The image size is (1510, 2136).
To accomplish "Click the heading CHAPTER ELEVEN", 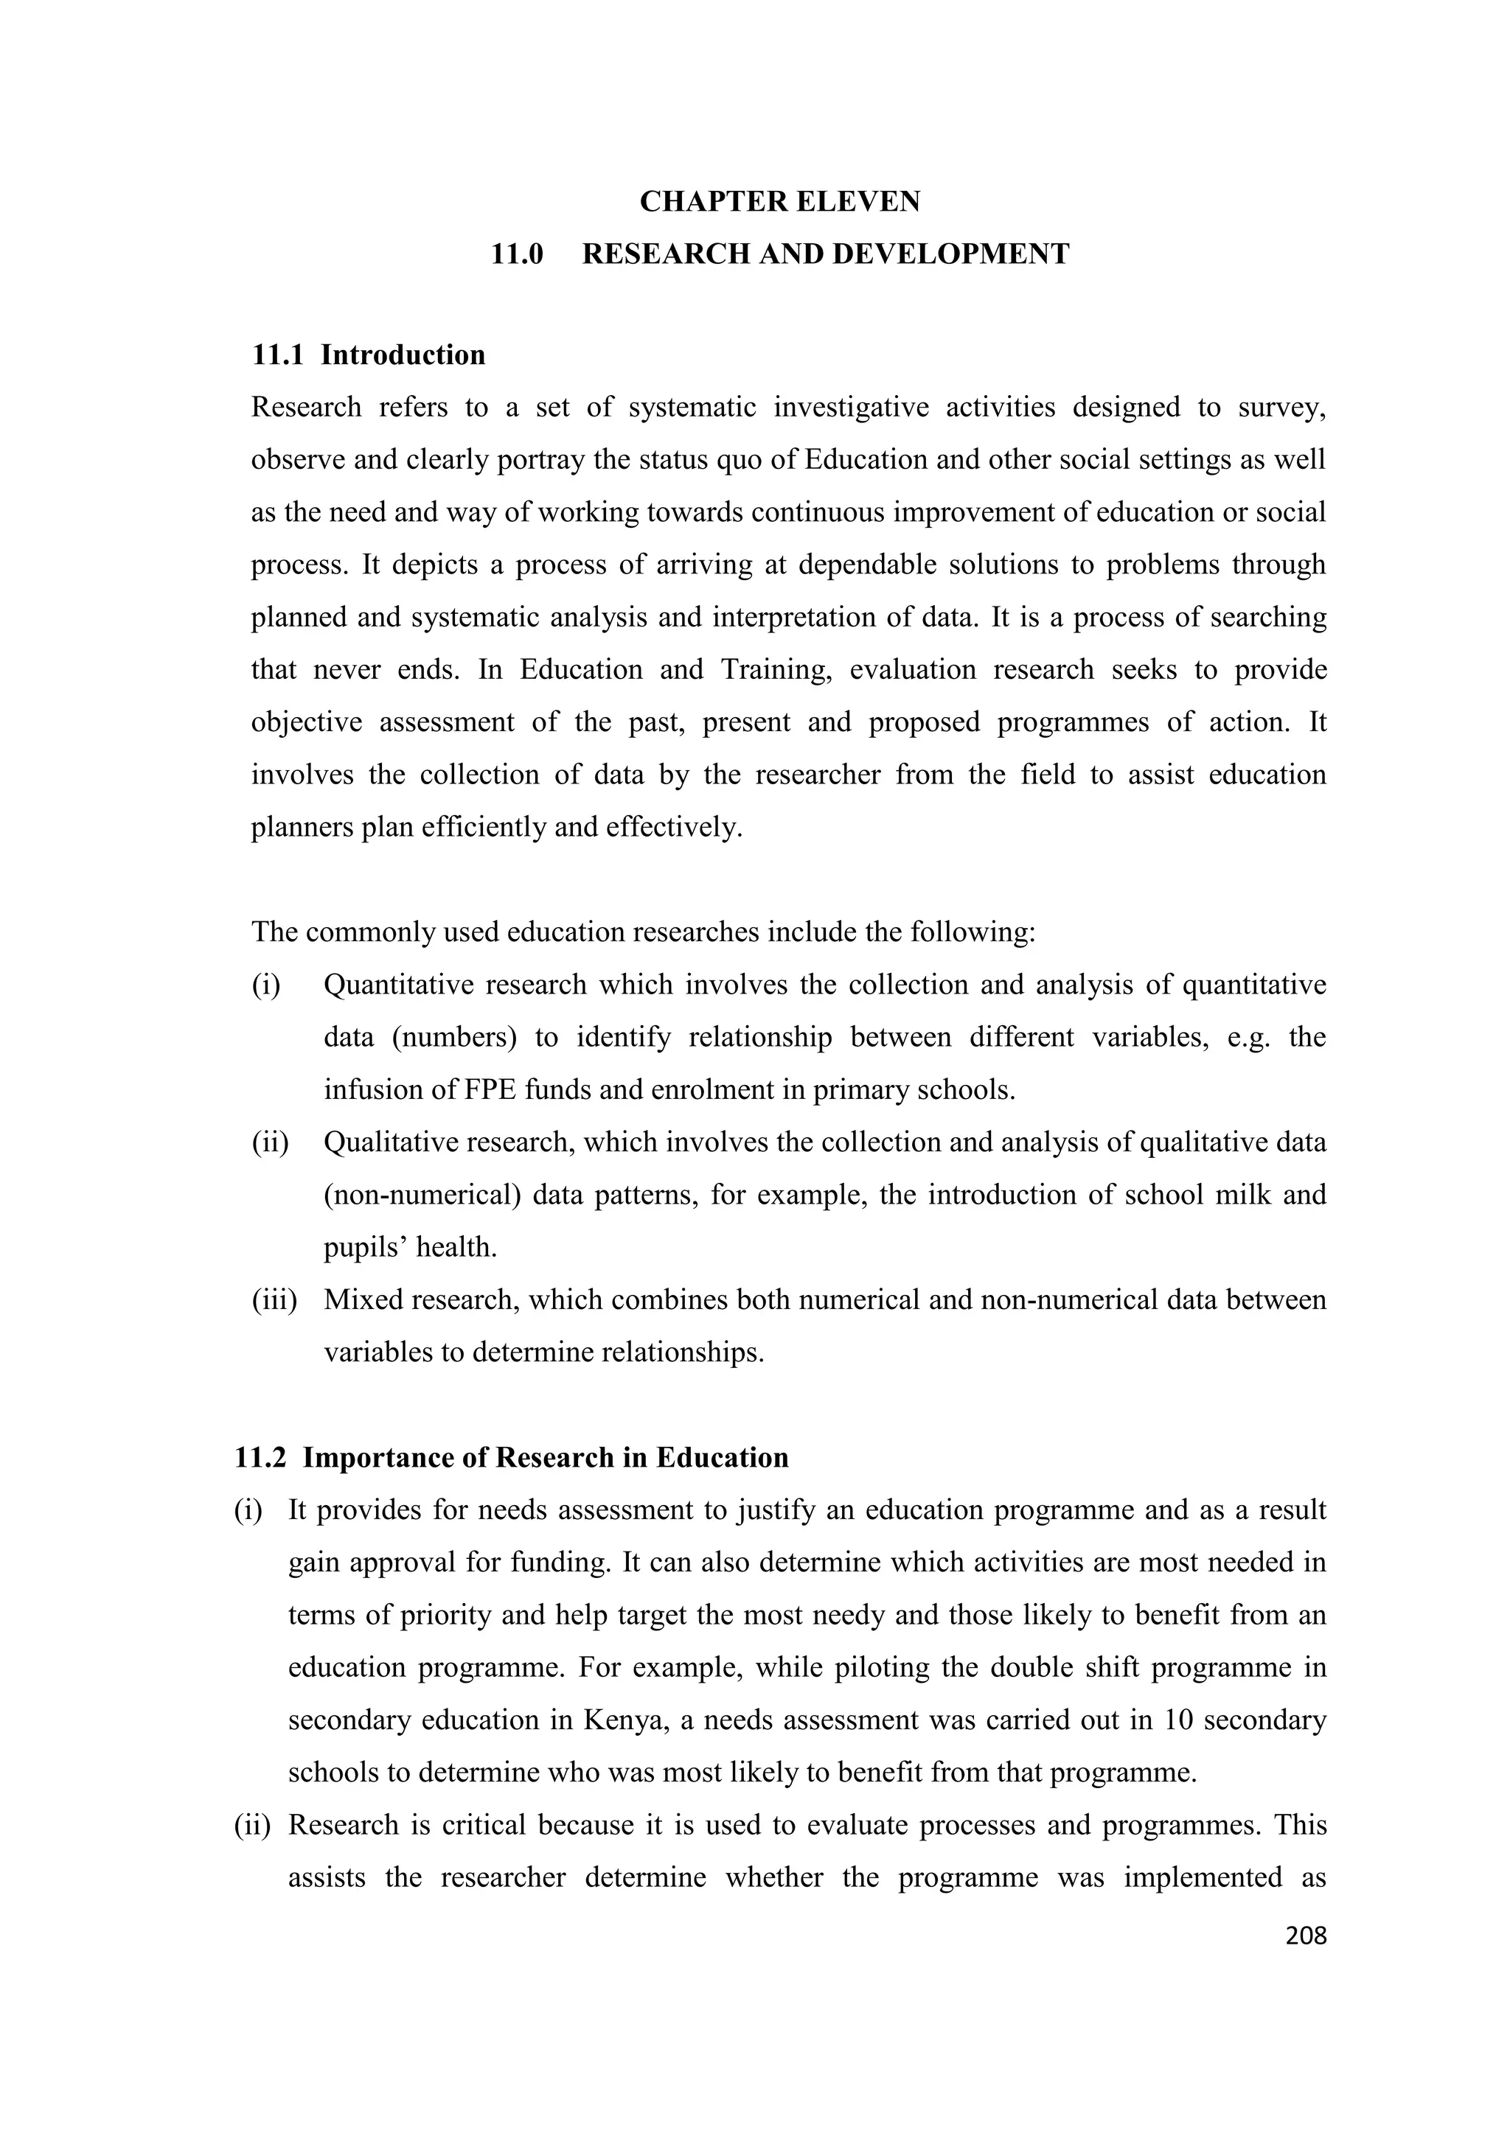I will click(x=779, y=202).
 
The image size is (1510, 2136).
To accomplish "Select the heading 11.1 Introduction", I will click(x=369, y=355).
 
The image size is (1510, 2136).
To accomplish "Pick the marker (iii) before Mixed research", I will click(x=274, y=1299).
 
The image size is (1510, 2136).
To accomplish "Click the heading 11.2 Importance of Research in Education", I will click(x=511, y=1458).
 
